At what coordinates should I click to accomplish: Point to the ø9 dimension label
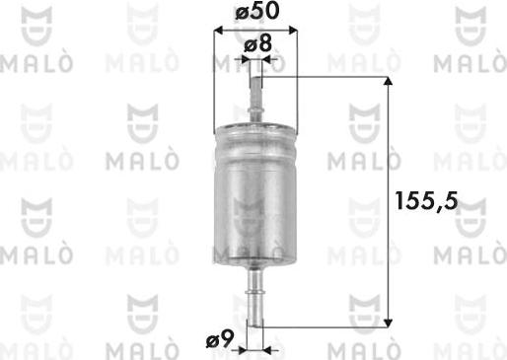tap(219, 342)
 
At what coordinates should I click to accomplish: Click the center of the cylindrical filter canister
tap(256, 197)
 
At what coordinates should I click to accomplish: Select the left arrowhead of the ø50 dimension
tap(219, 29)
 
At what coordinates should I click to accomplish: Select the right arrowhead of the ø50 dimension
tap(294, 29)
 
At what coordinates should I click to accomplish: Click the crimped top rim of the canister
tap(256, 128)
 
